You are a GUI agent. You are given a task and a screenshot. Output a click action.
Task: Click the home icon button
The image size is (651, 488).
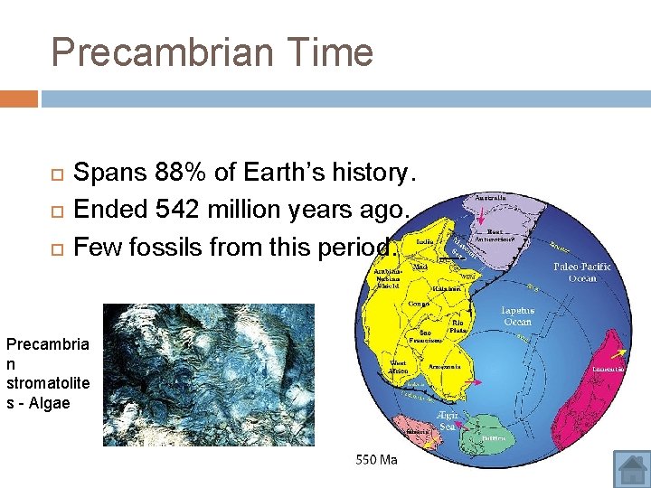pos(631,468)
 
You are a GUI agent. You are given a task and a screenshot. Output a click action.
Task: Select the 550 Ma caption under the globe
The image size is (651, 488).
pos(376,459)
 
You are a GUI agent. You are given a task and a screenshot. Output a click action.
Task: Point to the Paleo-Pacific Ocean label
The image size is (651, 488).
pos(582,272)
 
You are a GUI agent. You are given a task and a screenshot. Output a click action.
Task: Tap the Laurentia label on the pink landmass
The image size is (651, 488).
pos(608,369)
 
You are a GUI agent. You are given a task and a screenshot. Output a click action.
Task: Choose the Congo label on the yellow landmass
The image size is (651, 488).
pos(418,305)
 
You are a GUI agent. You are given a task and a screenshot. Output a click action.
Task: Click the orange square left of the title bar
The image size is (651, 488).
pos(19,98)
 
